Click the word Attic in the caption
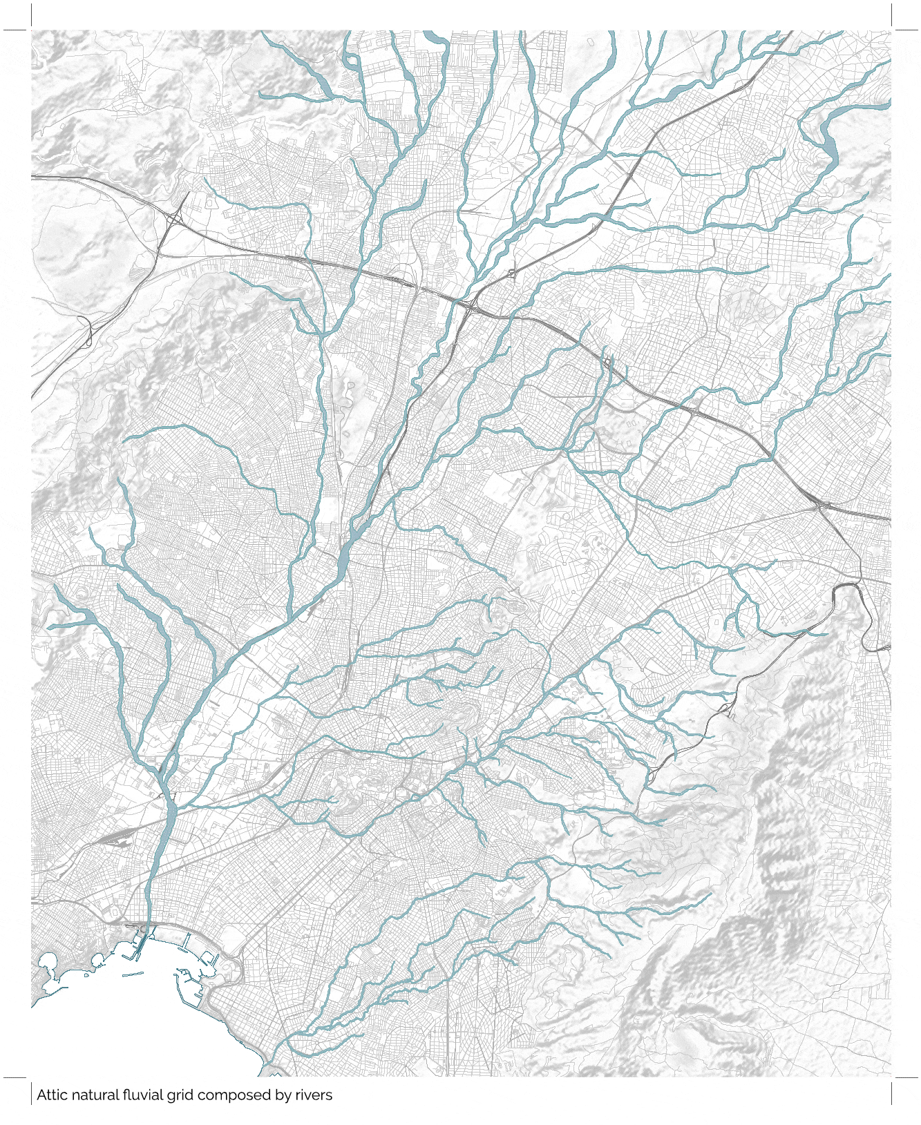[x=51, y=1095]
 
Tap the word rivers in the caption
[x=314, y=1095]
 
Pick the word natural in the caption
[x=93, y=1095]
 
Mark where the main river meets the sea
[x=146, y=930]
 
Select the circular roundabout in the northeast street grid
[x=686, y=148]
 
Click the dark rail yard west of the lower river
[x=111, y=837]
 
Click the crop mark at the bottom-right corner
[x=892, y=1077]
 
